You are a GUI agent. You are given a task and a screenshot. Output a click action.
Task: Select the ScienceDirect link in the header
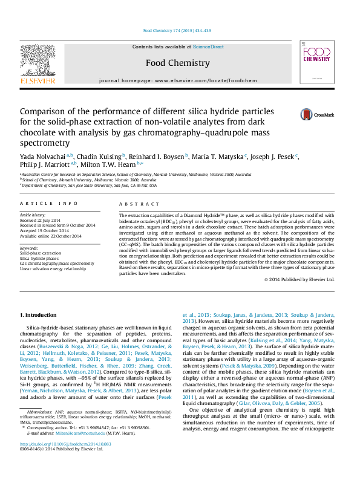click(208, 47)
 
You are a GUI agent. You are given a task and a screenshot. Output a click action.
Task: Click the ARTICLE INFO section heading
click(49, 204)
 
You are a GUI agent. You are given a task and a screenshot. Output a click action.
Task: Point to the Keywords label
click(29, 248)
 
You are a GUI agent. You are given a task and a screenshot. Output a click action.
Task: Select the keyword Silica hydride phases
click(39, 258)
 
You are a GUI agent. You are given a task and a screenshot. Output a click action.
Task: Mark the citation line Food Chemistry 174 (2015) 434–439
click(177, 31)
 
